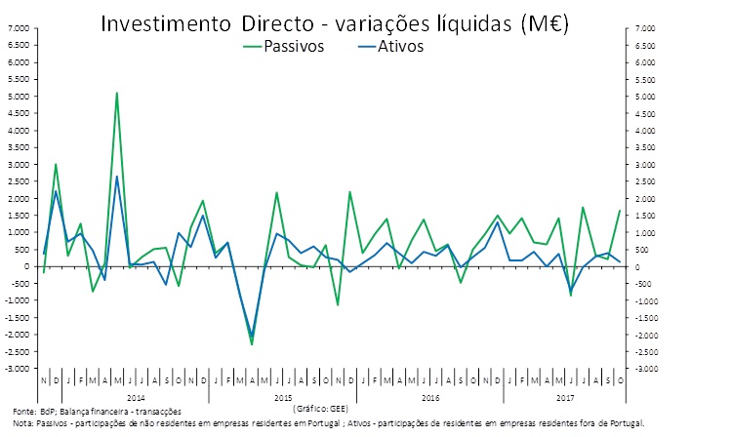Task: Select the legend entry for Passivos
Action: (292, 46)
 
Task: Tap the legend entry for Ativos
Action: (401, 46)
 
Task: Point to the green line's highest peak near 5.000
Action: (117, 94)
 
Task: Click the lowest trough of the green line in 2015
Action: (252, 344)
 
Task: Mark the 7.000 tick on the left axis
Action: (19, 28)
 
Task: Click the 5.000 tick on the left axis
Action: (19, 97)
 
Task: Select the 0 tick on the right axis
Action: (630, 266)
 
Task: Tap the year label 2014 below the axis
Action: (136, 398)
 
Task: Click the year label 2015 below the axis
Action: (283, 398)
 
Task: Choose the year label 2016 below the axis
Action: (429, 398)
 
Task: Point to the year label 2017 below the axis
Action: (564, 398)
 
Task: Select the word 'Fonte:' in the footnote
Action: (21, 411)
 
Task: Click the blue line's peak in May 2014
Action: (117, 177)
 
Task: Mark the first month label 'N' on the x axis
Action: (44, 379)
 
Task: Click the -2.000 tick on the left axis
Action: (18, 335)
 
